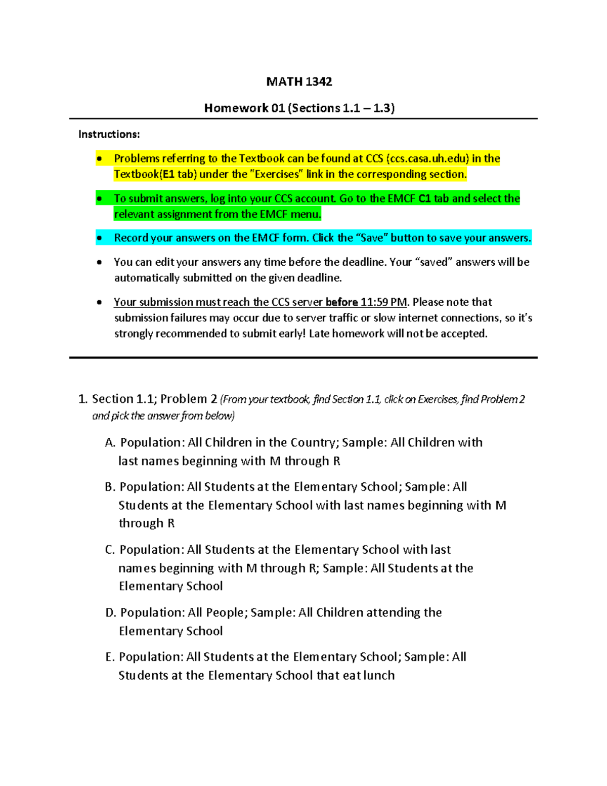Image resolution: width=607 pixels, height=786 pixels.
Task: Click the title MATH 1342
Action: [x=299, y=82]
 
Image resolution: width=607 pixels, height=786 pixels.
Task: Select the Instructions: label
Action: [x=109, y=134]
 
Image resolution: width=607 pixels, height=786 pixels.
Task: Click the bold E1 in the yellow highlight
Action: [x=168, y=174]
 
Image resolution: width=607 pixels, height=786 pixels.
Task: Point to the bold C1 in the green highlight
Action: [x=425, y=198]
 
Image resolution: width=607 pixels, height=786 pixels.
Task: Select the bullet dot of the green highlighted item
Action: [x=100, y=199]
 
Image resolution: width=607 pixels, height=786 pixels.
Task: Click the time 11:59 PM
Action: [x=383, y=302]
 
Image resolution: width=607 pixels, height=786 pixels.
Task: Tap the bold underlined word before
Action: [x=341, y=302]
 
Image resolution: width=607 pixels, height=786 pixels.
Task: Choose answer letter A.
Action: [x=110, y=443]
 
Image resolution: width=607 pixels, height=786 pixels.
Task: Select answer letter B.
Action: [x=110, y=487]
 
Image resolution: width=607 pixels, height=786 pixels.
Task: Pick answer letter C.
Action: [x=110, y=550]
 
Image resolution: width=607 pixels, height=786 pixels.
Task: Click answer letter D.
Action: [x=110, y=613]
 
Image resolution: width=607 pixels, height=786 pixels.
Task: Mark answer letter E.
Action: [x=110, y=657]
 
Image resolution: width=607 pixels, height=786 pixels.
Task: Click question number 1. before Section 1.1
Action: [x=83, y=399]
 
